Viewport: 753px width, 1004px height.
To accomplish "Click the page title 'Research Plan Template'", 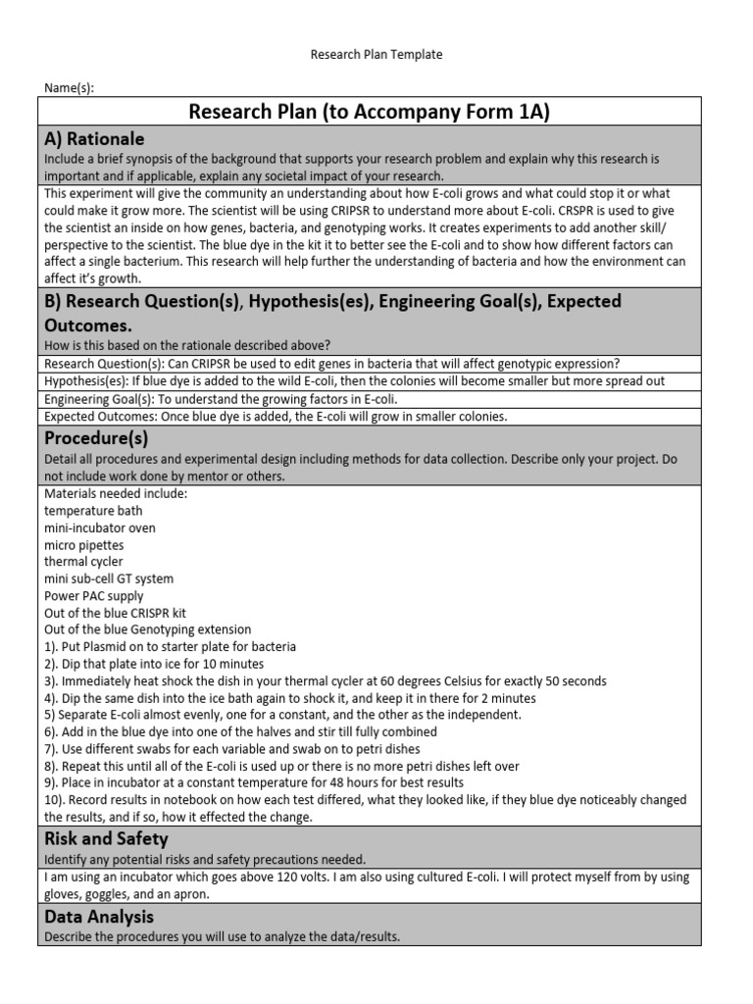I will tap(376, 55).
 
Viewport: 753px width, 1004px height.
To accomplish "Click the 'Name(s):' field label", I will tap(70, 88).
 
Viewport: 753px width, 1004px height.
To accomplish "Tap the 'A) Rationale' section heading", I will tap(95, 139).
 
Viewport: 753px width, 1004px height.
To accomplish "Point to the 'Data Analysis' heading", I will tap(99, 916).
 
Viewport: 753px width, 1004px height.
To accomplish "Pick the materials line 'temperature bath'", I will tap(93, 511).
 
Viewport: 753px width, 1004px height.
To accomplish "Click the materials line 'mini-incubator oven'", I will tap(100, 527).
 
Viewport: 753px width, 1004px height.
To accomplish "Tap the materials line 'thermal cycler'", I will tap(84, 562).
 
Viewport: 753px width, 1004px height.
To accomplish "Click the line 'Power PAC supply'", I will tap(94, 595).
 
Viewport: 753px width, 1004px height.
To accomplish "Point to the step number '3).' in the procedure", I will tap(53, 680).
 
